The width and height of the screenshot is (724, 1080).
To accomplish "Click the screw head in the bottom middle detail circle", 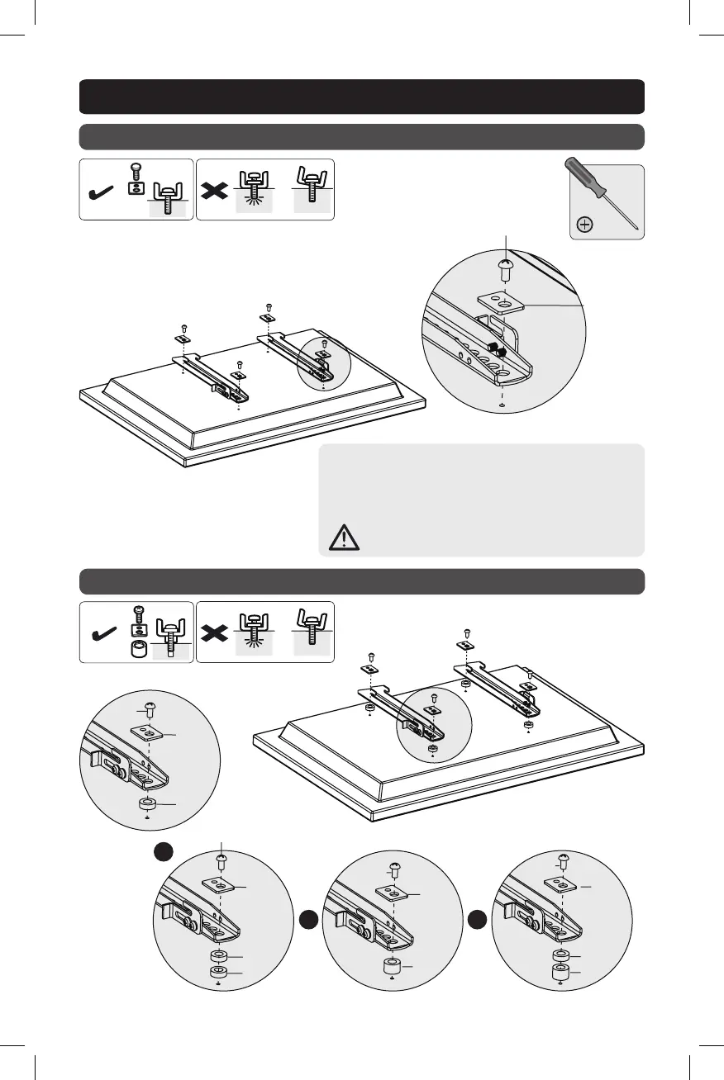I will [x=394, y=869].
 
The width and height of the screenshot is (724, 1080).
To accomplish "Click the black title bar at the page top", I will [x=361, y=96].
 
